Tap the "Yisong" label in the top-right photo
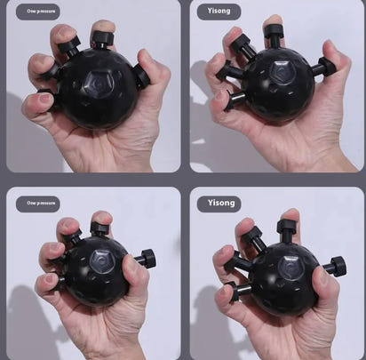click(x=219, y=12)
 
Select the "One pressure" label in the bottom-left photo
click(x=38, y=203)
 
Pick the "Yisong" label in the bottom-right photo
click(x=221, y=203)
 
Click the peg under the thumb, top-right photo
click(x=324, y=67)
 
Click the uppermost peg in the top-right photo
click(x=274, y=36)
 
